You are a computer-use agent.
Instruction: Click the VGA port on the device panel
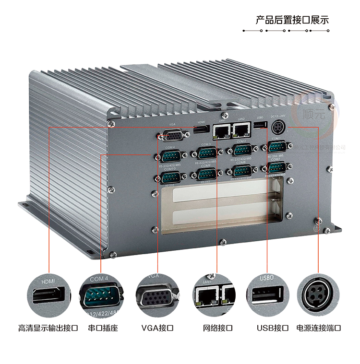[170, 137]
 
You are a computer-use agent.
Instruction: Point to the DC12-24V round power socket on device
[278, 128]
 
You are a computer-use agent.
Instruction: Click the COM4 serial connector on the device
[170, 155]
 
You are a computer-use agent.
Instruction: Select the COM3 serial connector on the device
[206, 153]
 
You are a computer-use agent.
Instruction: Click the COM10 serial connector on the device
[170, 177]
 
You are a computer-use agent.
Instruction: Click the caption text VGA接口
[157, 329]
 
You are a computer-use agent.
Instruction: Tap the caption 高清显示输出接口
[48, 329]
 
